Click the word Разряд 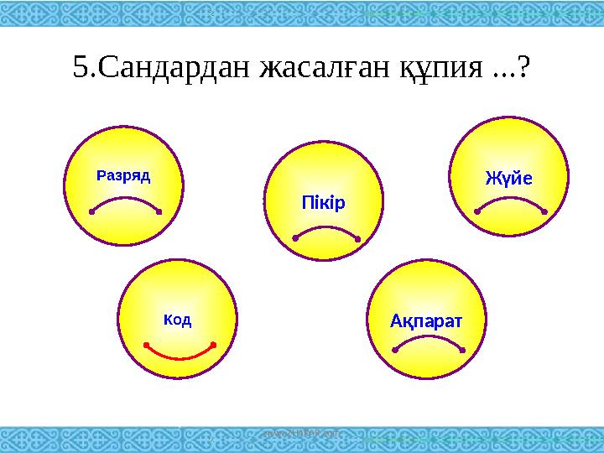[x=123, y=175]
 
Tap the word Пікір [x=323, y=204]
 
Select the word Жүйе [x=509, y=178]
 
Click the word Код [x=177, y=320]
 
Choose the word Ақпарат [x=428, y=320]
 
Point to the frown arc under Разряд [x=125, y=200]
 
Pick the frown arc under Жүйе [x=510, y=201]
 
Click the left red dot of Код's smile [x=145, y=344]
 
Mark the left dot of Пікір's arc [x=295, y=239]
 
